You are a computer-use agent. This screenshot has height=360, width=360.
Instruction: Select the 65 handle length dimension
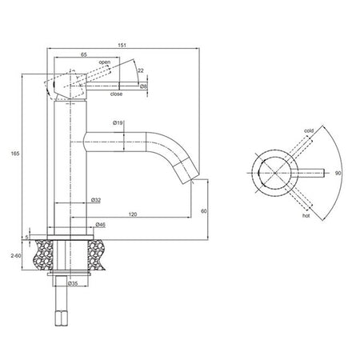[84, 54]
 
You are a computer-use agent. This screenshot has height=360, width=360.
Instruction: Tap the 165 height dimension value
[15, 154]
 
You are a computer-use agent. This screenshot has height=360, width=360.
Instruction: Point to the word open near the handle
[105, 62]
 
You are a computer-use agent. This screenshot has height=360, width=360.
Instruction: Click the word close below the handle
[116, 94]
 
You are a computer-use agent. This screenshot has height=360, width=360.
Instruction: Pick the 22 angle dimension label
[141, 70]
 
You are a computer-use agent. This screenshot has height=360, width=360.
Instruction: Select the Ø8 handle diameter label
[143, 86]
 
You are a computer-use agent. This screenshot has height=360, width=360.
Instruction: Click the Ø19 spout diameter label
[118, 123]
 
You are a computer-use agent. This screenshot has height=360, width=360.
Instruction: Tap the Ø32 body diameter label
[96, 200]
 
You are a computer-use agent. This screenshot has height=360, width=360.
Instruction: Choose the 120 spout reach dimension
[133, 214]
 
